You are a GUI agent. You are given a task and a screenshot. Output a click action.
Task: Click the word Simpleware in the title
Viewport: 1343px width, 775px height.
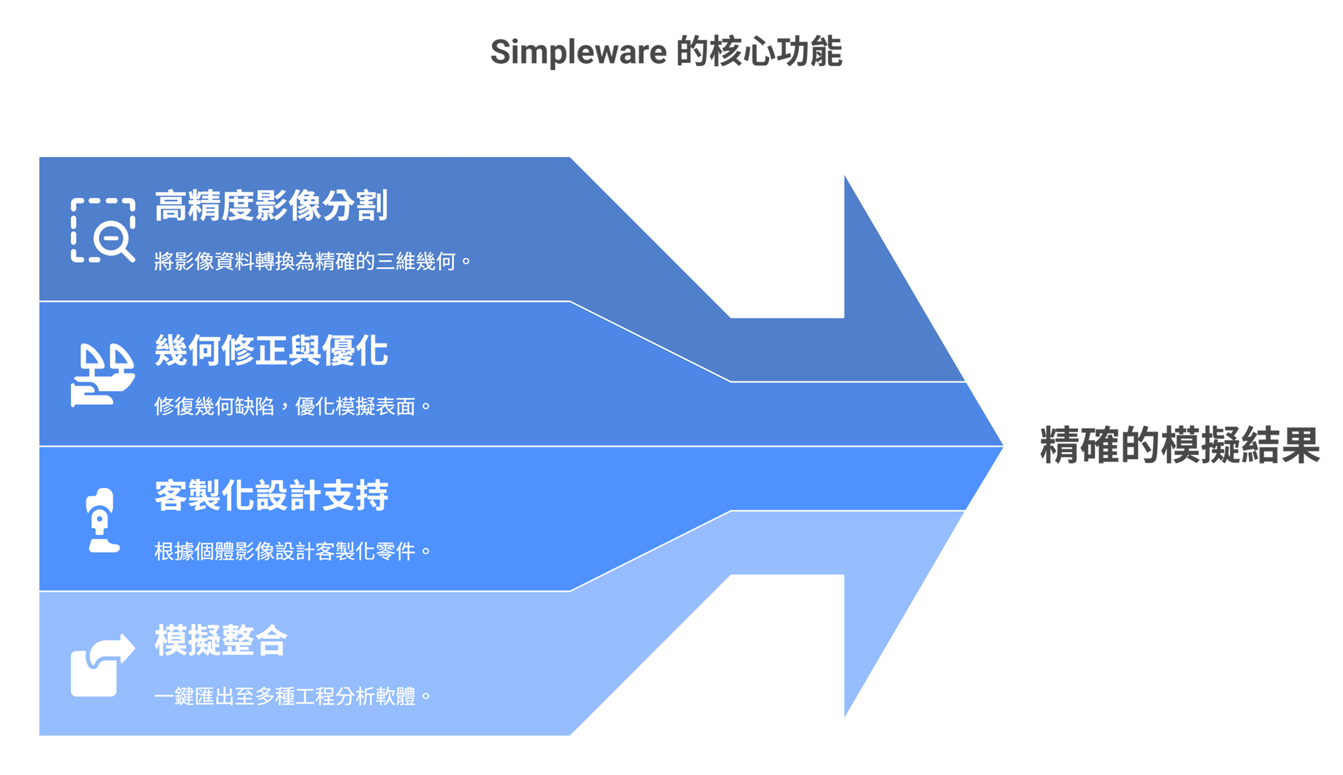pos(578,52)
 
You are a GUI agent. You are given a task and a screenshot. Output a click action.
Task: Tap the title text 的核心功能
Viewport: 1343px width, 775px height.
pos(758,52)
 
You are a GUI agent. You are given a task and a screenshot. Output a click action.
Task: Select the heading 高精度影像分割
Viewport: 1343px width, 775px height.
pos(271,206)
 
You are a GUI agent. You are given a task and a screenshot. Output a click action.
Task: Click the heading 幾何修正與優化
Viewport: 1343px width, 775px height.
pos(271,351)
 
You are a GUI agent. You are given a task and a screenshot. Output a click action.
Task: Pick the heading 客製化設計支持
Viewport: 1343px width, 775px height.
pos(271,496)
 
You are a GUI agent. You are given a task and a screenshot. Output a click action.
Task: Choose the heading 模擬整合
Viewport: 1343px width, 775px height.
pos(220,640)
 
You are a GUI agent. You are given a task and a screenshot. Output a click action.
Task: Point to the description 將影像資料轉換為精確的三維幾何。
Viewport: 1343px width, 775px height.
pos(312,262)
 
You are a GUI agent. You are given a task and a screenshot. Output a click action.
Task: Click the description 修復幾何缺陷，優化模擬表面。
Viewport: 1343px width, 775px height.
pos(292,406)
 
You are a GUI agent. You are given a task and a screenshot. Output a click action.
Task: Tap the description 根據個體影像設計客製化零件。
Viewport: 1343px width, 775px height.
pos(292,551)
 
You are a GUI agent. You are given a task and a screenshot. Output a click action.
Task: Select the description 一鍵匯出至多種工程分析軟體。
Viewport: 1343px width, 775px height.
pos(292,696)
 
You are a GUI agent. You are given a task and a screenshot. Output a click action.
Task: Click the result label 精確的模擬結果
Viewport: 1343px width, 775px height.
pos(1179,446)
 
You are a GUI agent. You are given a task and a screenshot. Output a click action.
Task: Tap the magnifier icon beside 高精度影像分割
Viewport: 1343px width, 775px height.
pos(103,230)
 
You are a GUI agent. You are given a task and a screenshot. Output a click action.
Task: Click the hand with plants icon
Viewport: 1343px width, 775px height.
pos(103,374)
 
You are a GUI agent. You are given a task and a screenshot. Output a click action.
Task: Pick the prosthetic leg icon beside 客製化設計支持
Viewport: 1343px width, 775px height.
pos(102,520)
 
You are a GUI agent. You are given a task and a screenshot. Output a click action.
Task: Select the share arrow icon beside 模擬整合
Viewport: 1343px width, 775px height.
pos(103,665)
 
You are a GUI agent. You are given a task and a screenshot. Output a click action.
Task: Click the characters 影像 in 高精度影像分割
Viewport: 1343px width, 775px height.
pos(287,206)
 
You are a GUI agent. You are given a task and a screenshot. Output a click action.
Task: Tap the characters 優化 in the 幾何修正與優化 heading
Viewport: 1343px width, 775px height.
pos(355,351)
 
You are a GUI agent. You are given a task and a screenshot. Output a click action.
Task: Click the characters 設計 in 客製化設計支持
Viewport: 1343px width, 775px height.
pos(287,496)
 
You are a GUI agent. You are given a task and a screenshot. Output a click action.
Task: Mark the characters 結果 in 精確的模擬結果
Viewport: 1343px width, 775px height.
pos(1279,446)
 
